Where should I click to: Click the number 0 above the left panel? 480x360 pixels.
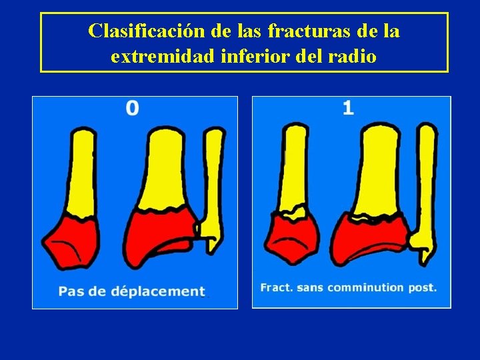(x=133, y=108)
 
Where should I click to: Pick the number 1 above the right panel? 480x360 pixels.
(x=348, y=108)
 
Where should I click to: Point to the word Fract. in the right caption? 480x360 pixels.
(x=277, y=287)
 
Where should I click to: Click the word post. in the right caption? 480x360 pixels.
(x=422, y=287)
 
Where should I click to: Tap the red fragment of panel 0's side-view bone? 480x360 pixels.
(x=70, y=240)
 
